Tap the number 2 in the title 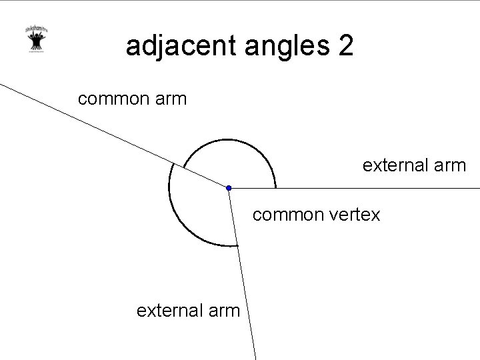(346, 47)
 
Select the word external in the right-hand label (397, 165)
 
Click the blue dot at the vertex (228, 188)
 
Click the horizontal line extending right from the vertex (373, 189)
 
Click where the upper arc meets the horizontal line (275, 188)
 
